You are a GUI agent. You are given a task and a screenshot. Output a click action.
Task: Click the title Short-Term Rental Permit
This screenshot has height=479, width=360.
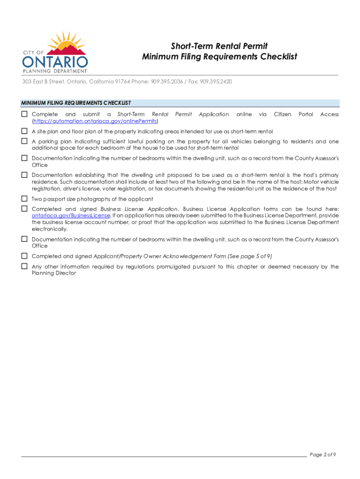tap(219, 46)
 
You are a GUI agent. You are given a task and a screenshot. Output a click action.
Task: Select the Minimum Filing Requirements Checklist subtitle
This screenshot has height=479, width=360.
tap(219, 57)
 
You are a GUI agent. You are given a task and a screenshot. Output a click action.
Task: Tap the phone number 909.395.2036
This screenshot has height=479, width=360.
tap(166, 81)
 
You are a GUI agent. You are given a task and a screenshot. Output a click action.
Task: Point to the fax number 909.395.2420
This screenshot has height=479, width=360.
tap(216, 81)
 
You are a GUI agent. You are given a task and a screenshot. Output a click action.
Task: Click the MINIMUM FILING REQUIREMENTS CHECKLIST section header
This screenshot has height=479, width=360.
tap(76, 103)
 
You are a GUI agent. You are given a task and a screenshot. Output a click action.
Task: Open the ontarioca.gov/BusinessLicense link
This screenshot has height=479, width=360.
tap(71, 216)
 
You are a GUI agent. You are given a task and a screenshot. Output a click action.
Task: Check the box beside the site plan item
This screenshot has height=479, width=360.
tap(24, 131)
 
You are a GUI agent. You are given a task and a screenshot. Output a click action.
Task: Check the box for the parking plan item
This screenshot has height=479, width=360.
tap(24, 141)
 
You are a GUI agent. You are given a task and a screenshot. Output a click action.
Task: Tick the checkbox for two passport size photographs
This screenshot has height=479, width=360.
tap(24, 199)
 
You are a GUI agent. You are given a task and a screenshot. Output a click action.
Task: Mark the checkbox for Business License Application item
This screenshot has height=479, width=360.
tap(24, 208)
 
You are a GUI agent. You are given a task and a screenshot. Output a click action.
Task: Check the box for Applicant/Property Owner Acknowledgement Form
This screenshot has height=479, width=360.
tap(24, 256)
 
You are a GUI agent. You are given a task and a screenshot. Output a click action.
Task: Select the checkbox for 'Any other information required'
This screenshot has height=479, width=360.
tap(24, 266)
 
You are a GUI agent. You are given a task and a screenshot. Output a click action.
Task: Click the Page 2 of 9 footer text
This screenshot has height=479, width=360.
tap(323, 455)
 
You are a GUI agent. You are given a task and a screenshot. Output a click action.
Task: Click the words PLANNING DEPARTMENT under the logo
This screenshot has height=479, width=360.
tap(55, 71)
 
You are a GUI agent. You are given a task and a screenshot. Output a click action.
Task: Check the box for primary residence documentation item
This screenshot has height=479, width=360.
tap(24, 174)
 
